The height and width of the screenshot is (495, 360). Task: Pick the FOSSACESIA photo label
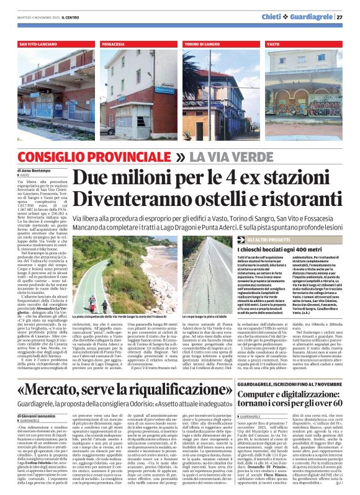click(x=117, y=45)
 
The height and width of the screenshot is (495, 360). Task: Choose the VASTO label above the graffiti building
click(x=273, y=45)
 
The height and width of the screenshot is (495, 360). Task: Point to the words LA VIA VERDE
click(x=224, y=158)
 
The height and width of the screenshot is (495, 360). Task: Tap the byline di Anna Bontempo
click(x=34, y=170)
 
